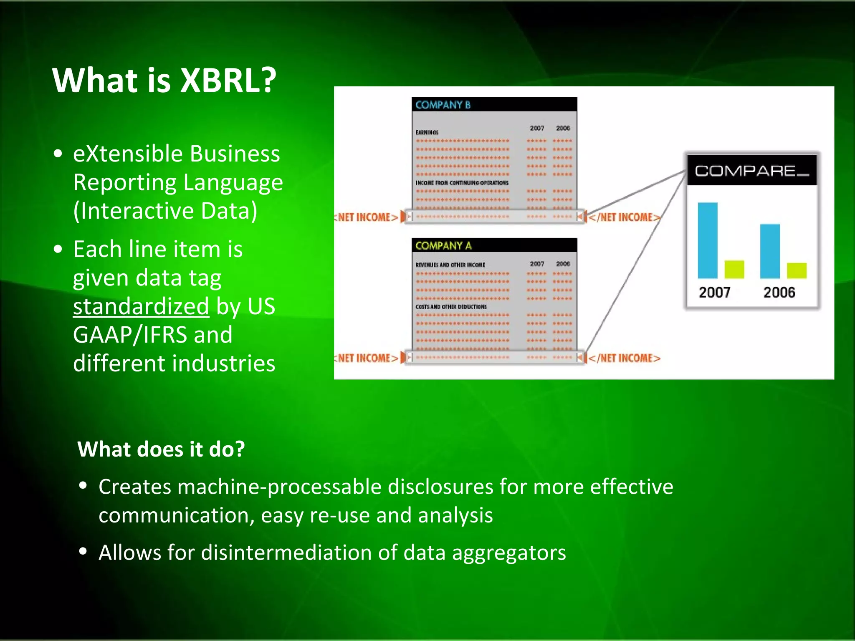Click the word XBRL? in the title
pyautogui.click(x=228, y=80)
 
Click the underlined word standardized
pyautogui.click(x=141, y=306)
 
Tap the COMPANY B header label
pyautogui.click(x=443, y=105)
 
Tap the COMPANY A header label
pyautogui.click(x=443, y=246)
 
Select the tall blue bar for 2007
pyautogui.click(x=707, y=240)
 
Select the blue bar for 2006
pyautogui.click(x=770, y=251)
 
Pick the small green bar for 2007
pyautogui.click(x=734, y=269)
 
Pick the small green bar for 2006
pyautogui.click(x=797, y=270)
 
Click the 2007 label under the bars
pyautogui.click(x=714, y=292)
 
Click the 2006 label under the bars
pyautogui.click(x=779, y=292)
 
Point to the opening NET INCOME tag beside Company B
pyautogui.click(x=367, y=217)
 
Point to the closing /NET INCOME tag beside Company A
pyautogui.click(x=625, y=358)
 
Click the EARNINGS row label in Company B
pyautogui.click(x=427, y=132)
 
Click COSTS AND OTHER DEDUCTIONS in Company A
pyautogui.click(x=451, y=307)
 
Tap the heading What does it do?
pyautogui.click(x=161, y=449)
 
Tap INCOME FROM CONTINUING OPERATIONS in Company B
pyautogui.click(x=462, y=183)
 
